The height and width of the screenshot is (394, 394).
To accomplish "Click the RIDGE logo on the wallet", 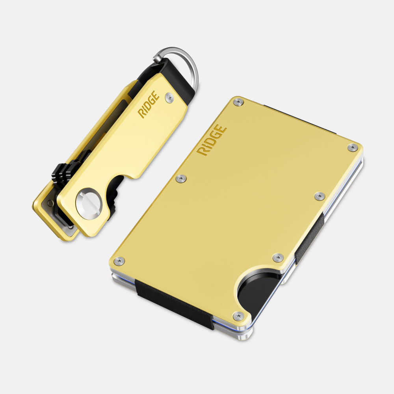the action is click(x=212, y=140).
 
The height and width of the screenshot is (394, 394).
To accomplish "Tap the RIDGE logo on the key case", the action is click(x=149, y=104).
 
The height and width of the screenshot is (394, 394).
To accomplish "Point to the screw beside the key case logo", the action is click(x=169, y=97).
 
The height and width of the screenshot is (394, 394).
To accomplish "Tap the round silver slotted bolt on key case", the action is click(x=89, y=204).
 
